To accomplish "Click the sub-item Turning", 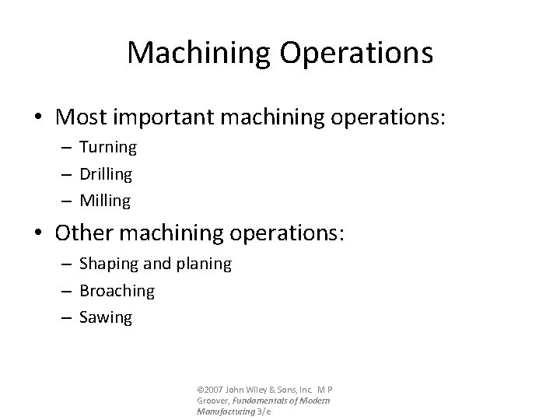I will pos(108,146).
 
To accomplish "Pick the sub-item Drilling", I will pos(106,173).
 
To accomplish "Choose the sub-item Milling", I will pos(105,201).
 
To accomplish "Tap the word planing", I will pos(205,264).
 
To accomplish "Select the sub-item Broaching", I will pos(117,291).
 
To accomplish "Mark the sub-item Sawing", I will pos(106,317).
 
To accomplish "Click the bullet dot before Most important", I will pos(39,117).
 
